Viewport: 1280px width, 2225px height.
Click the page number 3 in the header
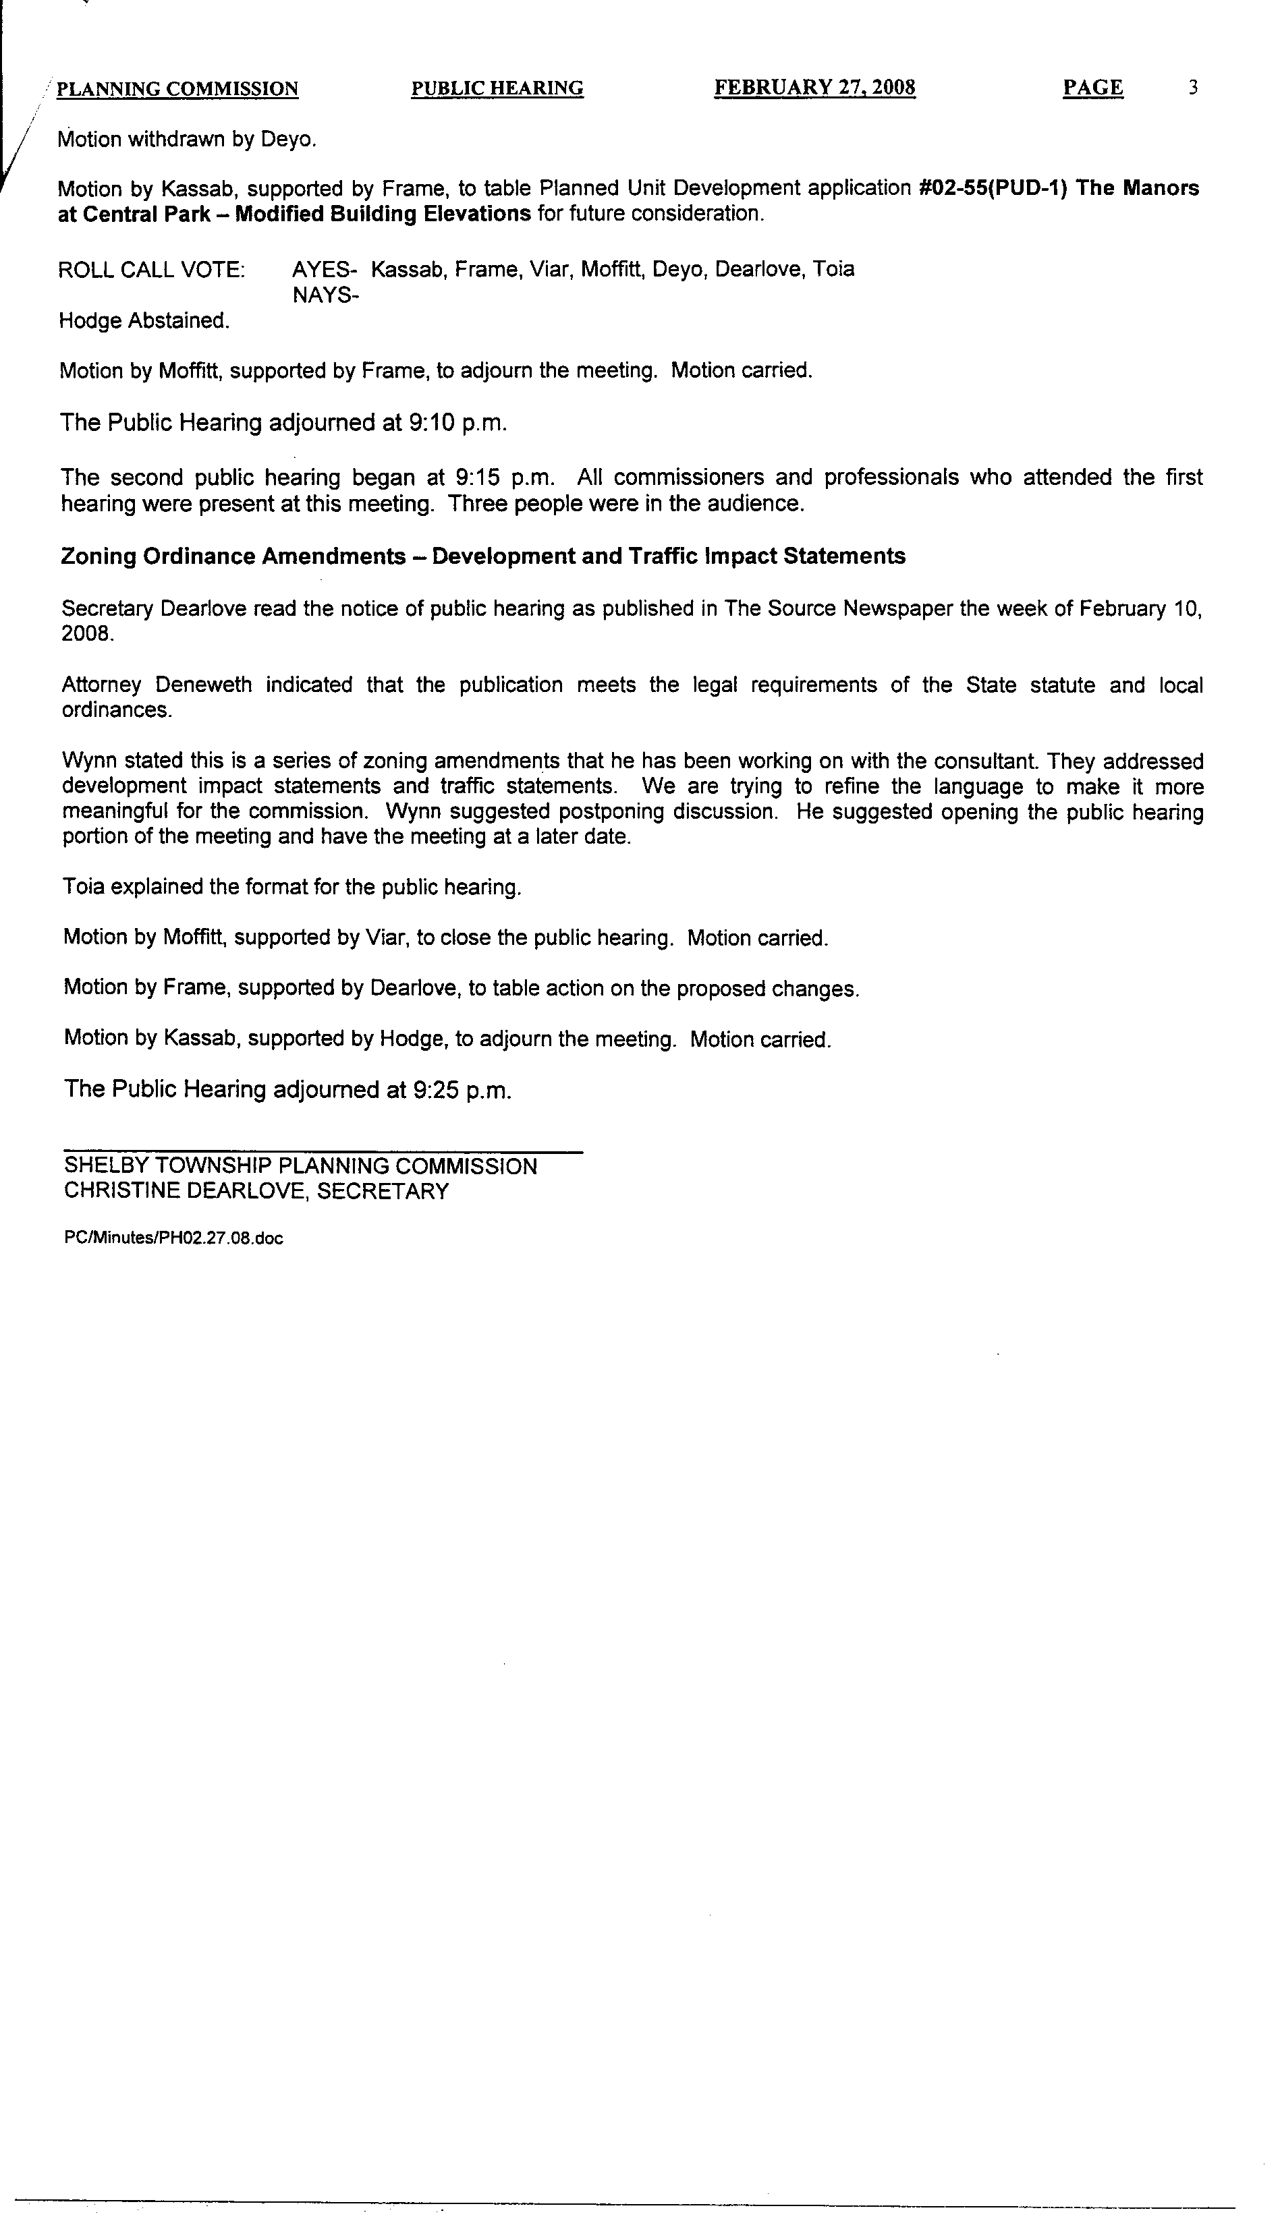(x=1193, y=88)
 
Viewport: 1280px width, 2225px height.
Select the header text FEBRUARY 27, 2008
(x=815, y=88)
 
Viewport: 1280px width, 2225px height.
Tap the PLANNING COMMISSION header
(x=177, y=90)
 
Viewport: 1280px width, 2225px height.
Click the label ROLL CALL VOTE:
(x=152, y=270)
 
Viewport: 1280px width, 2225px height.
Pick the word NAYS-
(x=325, y=295)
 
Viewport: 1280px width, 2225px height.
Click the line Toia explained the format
(x=292, y=888)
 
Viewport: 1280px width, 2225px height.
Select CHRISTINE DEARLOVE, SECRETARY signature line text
(x=256, y=1192)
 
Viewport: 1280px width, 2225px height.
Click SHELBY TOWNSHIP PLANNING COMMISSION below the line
(x=300, y=1167)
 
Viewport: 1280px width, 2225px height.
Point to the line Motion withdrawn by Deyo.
(x=186, y=140)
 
